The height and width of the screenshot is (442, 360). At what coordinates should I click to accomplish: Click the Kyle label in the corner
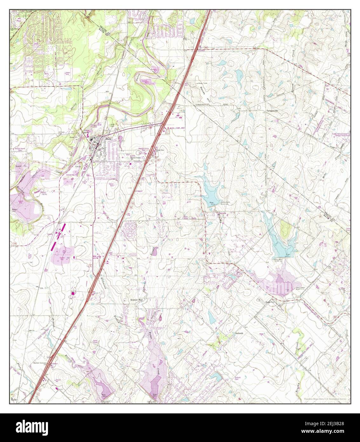13,399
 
